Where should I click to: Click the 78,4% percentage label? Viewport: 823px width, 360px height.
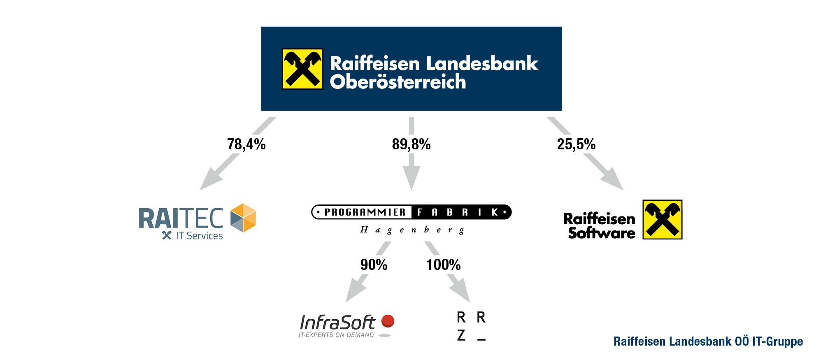246,144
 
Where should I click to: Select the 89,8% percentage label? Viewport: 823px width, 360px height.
411,144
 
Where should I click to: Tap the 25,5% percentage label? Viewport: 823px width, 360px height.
576,144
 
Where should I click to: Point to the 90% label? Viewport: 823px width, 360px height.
374,265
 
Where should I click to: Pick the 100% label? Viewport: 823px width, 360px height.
443,265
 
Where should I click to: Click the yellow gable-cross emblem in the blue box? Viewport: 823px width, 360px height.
302,69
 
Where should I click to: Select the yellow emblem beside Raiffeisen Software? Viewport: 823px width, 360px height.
662,219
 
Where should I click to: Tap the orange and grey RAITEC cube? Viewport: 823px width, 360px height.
243,218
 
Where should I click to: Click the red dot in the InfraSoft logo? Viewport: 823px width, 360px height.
388,321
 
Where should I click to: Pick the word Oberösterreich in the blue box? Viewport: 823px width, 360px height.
398,82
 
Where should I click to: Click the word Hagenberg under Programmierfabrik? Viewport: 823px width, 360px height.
412,230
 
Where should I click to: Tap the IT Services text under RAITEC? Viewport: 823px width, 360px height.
199,236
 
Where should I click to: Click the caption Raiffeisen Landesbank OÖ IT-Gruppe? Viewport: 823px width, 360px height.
708,341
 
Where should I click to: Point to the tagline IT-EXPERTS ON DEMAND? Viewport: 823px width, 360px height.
336,335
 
